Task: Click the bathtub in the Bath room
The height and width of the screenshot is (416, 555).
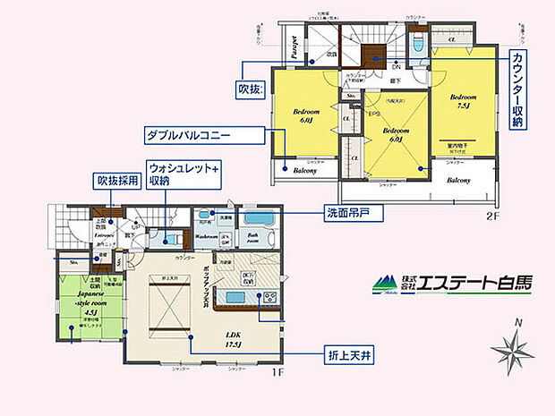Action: [262, 217]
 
